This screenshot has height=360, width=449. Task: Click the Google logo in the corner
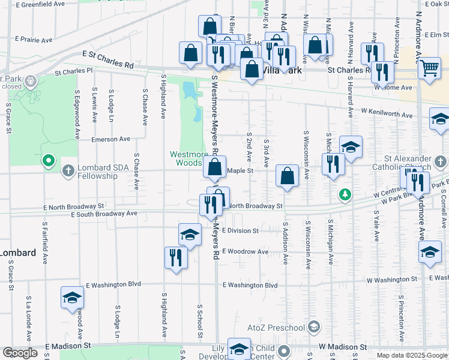(20, 353)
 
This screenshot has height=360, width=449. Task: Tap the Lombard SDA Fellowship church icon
(68, 170)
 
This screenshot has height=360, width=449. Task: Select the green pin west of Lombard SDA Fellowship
(49, 161)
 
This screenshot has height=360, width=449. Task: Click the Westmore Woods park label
(188, 158)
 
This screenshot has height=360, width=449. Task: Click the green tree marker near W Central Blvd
(345, 194)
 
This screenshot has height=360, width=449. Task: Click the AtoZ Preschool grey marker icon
(313, 327)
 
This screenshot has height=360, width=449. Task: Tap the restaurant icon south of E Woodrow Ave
(176, 257)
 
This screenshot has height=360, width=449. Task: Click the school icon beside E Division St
(190, 235)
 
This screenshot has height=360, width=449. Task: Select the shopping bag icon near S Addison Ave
(288, 176)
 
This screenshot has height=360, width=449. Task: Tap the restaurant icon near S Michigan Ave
(332, 164)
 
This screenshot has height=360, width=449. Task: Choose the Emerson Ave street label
(110, 139)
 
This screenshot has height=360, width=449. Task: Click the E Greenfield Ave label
(40, 4)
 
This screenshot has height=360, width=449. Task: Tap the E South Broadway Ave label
(104, 214)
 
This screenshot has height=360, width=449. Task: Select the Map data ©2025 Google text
(412, 355)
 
